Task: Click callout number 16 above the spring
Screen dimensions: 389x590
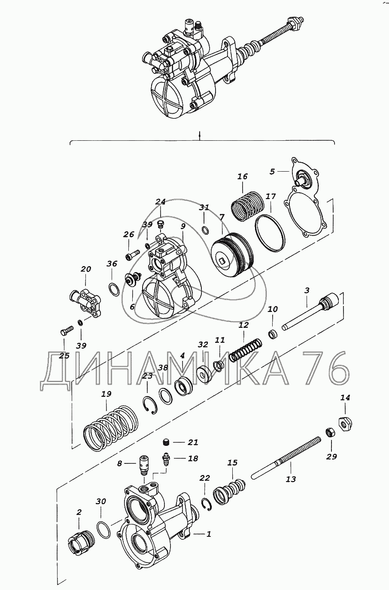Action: pyautogui.click(x=243, y=176)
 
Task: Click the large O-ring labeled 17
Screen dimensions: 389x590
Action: pyautogui.click(x=270, y=233)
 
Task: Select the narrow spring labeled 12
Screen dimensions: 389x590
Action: pyautogui.click(x=246, y=350)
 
